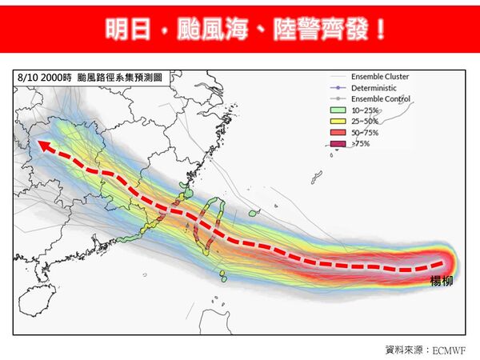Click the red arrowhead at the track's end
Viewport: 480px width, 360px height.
(x=46, y=146)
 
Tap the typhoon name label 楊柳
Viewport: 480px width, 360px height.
(x=442, y=281)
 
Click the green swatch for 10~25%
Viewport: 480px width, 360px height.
(x=337, y=110)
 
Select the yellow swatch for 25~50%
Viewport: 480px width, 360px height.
(x=337, y=121)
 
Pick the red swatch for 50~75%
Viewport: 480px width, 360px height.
(x=337, y=132)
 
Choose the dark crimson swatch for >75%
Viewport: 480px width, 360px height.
(x=337, y=143)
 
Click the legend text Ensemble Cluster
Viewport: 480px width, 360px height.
(x=379, y=77)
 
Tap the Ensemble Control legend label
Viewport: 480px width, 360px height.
(x=380, y=99)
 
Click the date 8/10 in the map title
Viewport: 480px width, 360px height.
(x=26, y=78)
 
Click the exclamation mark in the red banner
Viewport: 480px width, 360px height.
(x=379, y=30)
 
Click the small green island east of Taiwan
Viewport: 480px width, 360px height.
(x=254, y=214)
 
